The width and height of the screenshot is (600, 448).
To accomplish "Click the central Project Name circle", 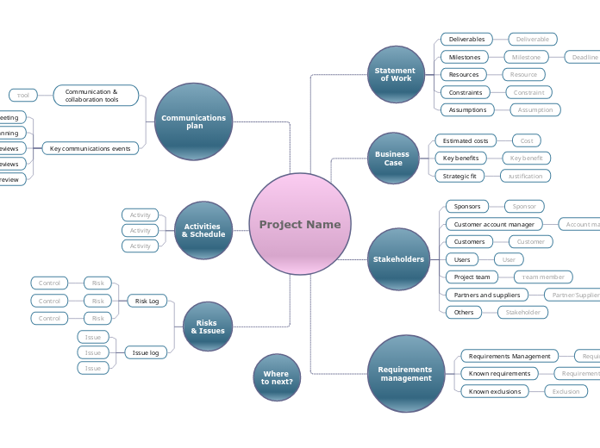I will click(x=300, y=224).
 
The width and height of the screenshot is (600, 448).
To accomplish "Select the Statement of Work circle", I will click(x=396, y=75).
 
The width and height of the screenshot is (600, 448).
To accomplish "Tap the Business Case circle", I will click(x=392, y=159).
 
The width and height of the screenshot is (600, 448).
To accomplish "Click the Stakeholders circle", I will click(x=398, y=258).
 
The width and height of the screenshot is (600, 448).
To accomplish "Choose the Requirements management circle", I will click(x=405, y=374).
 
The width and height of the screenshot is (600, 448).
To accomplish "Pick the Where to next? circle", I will click(x=277, y=377).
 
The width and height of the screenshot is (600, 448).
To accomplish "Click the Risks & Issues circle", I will click(x=208, y=327).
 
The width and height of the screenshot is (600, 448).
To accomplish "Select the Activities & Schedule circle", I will click(x=203, y=230).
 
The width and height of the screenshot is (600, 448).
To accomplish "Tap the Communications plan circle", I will click(x=195, y=121).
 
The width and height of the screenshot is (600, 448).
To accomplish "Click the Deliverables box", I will click(x=466, y=39).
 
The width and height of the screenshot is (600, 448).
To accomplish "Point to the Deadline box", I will click(x=583, y=57).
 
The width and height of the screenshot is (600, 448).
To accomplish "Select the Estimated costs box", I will click(x=465, y=140).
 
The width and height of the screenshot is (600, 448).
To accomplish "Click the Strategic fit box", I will click(x=459, y=176).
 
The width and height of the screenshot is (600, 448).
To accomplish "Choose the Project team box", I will click(x=472, y=277).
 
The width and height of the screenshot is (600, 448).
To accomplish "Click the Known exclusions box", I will click(x=495, y=391).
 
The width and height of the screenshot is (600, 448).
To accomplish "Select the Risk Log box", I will click(x=147, y=301).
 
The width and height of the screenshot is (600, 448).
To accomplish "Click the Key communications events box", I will click(x=90, y=148).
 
